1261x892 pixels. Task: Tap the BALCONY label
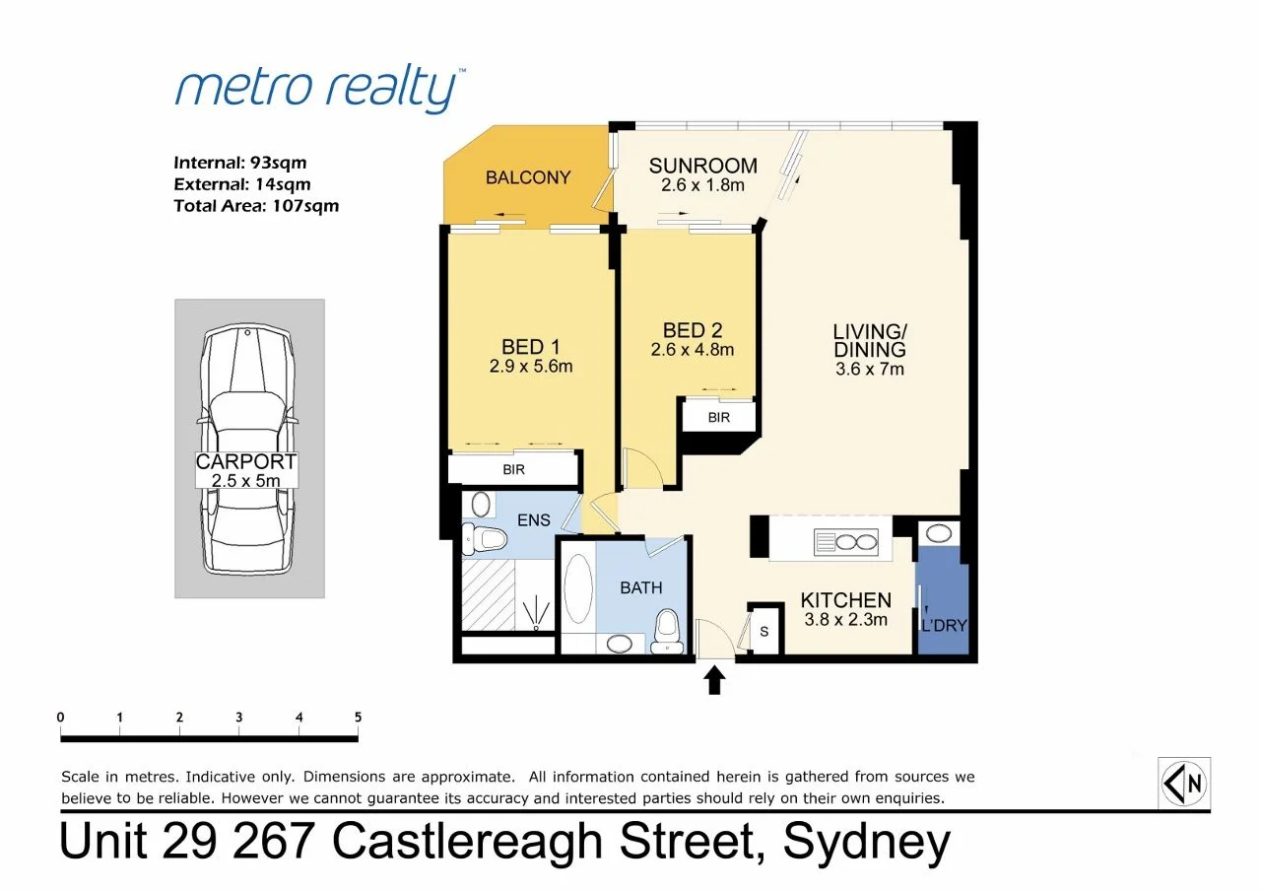(x=528, y=177)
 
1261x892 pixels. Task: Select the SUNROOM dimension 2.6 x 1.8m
(x=702, y=185)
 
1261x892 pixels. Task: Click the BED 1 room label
(x=530, y=346)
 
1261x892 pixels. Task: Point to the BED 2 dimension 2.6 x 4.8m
(x=693, y=349)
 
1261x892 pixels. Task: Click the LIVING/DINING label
(x=868, y=340)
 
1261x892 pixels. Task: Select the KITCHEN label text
(x=845, y=600)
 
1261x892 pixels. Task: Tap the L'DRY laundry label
(x=943, y=624)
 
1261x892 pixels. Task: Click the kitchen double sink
(x=845, y=541)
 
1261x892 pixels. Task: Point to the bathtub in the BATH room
(x=577, y=587)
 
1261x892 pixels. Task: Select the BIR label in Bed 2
(x=719, y=417)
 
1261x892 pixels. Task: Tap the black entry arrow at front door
(x=715, y=680)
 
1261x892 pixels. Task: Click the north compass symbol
(x=1184, y=784)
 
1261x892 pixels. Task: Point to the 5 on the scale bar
(x=358, y=718)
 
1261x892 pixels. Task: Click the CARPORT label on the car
(x=246, y=462)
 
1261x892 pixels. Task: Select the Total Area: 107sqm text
(x=255, y=206)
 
